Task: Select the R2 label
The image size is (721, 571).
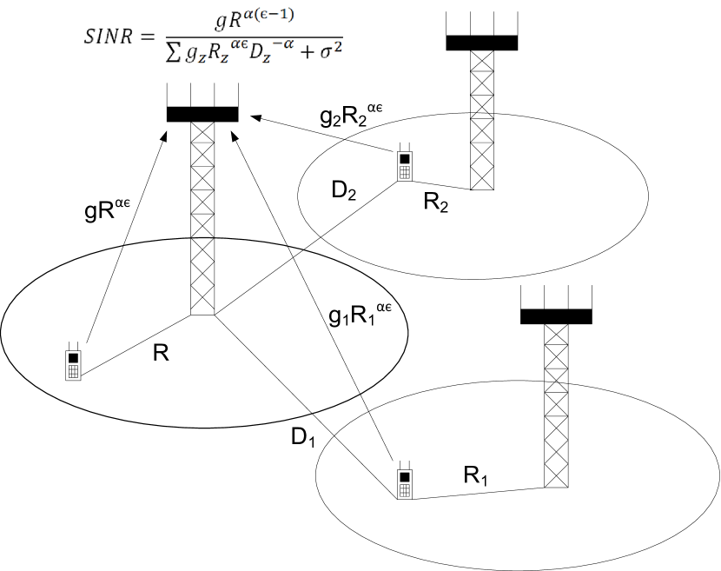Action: click(x=436, y=203)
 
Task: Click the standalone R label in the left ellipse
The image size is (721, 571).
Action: click(x=160, y=354)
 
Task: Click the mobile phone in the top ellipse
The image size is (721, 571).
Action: click(x=405, y=163)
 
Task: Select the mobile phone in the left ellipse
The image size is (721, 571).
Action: click(x=74, y=362)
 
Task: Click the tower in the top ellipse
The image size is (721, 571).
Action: click(x=481, y=152)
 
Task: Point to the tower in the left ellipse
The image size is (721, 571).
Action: click(x=202, y=276)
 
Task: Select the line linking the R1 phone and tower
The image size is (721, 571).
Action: click(x=478, y=494)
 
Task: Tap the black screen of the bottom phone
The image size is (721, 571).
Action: click(x=404, y=476)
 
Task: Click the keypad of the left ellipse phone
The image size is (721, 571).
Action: click(x=74, y=371)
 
